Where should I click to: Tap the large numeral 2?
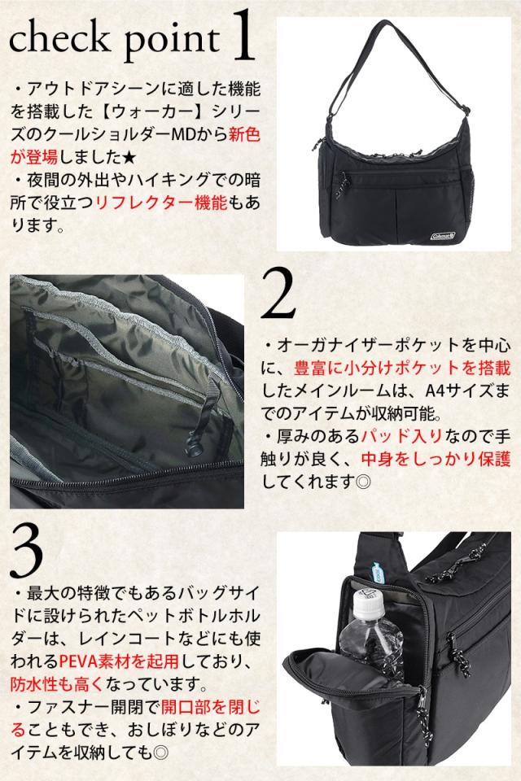click(278, 294)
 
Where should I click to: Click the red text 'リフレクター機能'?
click(160, 203)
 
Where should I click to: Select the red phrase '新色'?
click(244, 134)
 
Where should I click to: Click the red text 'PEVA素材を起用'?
click(119, 661)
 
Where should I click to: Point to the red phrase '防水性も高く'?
click(56, 684)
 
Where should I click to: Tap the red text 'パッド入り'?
click(401, 436)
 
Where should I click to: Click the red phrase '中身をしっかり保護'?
click(436, 459)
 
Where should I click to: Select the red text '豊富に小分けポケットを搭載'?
click(402, 368)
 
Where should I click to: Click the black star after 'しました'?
click(128, 157)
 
